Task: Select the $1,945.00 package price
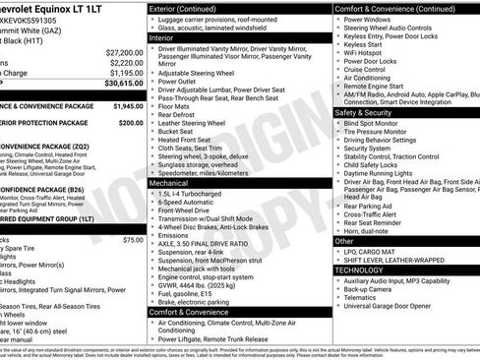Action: tap(127, 104)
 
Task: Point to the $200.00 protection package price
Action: tap(130, 124)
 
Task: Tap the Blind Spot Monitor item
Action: tap(379, 124)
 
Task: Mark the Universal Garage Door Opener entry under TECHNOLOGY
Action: tap(396, 307)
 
